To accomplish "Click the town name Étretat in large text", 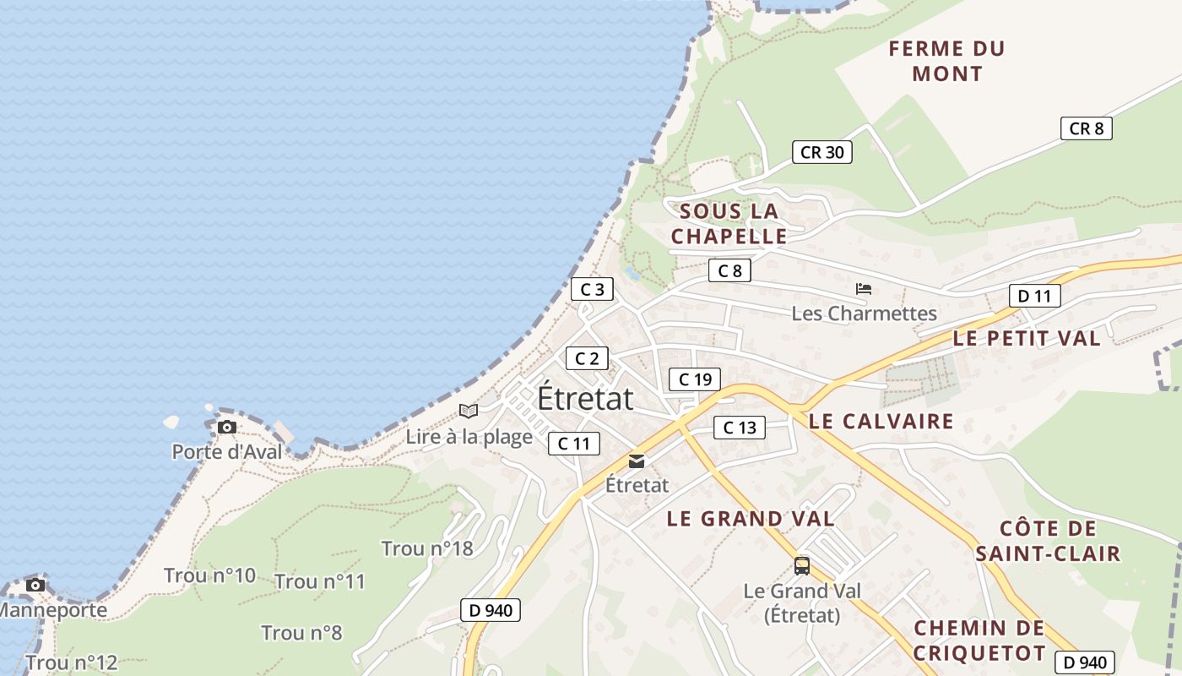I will click(x=585, y=398).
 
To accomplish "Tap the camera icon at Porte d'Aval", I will click(x=226, y=428).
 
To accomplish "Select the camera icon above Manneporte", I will click(x=35, y=585).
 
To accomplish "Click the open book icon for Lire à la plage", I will click(x=469, y=411).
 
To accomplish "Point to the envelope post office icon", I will click(x=637, y=461).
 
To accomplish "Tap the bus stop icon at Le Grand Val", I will click(x=801, y=565).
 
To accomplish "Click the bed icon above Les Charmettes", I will click(x=863, y=289).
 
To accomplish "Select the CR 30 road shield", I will click(x=821, y=152).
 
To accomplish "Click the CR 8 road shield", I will click(x=1086, y=128).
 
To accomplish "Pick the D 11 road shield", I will click(x=1034, y=296).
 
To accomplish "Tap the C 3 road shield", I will click(x=592, y=289).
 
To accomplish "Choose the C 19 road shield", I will click(x=695, y=379).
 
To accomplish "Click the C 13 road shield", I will click(x=740, y=428).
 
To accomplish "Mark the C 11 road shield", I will click(x=574, y=443).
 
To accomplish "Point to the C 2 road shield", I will click(x=586, y=358).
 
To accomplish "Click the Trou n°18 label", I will click(x=427, y=548).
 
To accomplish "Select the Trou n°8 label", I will click(x=301, y=633).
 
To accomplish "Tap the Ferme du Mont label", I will click(x=946, y=61).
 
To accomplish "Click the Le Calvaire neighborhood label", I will click(x=881, y=421).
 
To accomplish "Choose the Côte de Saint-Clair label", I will click(x=1047, y=541).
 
